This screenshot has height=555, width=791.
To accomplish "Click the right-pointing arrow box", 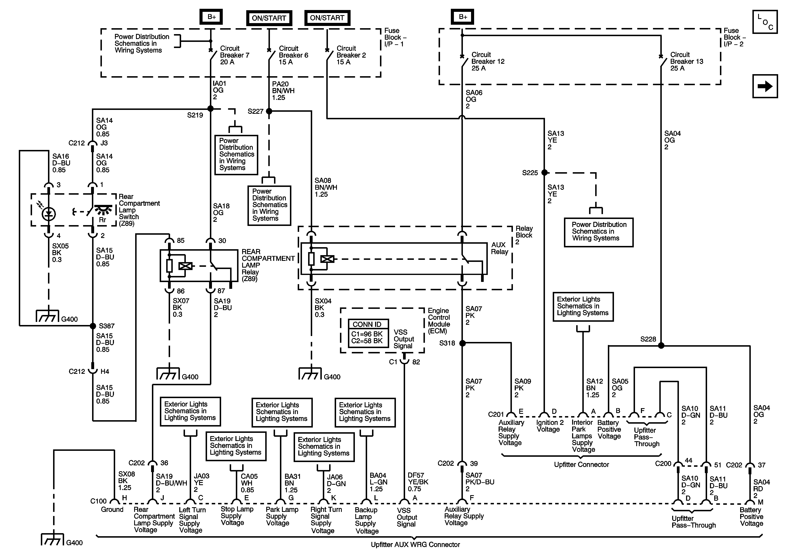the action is [x=765, y=86].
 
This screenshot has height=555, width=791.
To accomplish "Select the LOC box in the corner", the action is [x=765, y=22].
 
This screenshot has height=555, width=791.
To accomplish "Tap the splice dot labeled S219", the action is [x=211, y=109].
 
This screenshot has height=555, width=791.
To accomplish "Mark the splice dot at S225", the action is [x=544, y=172].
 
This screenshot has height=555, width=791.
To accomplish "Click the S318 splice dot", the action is [x=462, y=343].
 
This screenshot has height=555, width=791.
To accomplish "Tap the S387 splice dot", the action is [x=93, y=326].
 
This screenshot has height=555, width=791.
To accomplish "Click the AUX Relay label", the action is [x=500, y=248].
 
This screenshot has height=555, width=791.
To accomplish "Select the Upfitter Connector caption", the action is [x=582, y=464].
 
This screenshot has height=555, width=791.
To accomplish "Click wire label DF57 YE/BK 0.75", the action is [x=418, y=482].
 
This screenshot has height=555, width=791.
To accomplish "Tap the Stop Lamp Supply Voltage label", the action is [x=237, y=516].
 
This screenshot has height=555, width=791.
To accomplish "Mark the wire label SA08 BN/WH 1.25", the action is [x=325, y=187].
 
